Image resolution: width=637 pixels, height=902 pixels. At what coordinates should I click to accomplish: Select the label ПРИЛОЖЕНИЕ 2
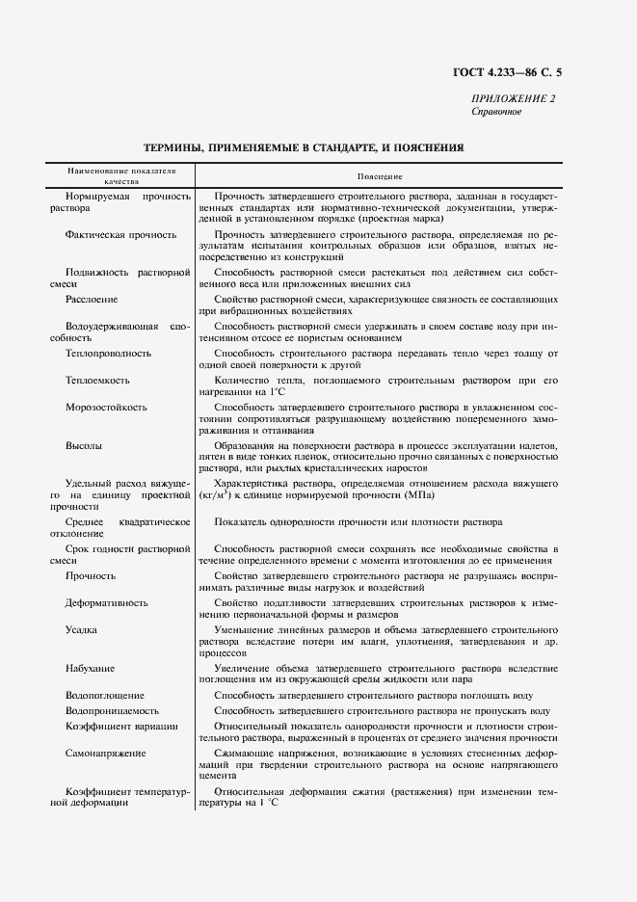click(513, 99)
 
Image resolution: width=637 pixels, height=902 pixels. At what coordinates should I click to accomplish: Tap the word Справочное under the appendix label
click(496, 112)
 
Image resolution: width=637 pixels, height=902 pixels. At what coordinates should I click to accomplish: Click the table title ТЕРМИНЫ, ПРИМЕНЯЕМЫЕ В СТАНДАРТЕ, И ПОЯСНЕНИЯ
click(304, 148)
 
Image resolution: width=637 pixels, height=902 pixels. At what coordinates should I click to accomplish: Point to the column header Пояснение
click(379, 176)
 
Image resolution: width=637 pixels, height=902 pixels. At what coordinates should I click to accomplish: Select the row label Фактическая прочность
click(120, 234)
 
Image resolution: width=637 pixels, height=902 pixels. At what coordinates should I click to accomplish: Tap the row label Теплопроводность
click(108, 354)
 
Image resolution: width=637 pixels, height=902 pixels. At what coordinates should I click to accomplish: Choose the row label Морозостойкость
click(106, 408)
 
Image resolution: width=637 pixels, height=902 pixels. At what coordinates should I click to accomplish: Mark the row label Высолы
click(84, 447)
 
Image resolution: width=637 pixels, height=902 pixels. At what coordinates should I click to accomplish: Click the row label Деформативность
click(106, 603)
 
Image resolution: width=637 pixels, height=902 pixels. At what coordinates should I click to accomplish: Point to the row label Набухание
click(90, 668)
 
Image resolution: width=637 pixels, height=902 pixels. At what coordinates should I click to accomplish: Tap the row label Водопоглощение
click(104, 695)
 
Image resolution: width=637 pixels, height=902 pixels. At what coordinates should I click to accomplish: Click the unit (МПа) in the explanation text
click(418, 495)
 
